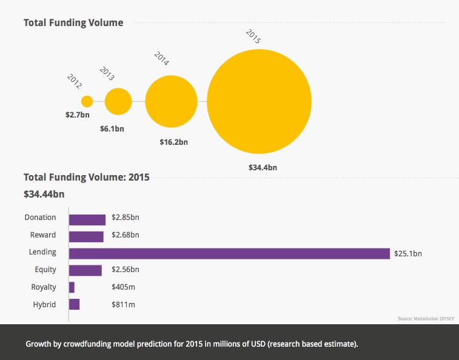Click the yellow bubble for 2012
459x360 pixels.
click(x=87, y=101)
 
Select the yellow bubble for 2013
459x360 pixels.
click(x=118, y=101)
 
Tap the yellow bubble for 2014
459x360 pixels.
click(x=172, y=101)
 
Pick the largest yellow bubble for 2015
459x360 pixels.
click(x=260, y=101)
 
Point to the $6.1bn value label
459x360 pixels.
click(x=112, y=128)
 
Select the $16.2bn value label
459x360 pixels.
click(x=173, y=142)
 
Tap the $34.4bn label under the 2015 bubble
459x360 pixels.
click(x=263, y=167)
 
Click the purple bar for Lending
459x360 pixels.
click(x=229, y=253)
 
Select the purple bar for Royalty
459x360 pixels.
click(x=72, y=287)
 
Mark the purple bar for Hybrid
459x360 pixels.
click(x=74, y=304)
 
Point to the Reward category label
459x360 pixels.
click(x=42, y=235)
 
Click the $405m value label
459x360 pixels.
click(x=121, y=287)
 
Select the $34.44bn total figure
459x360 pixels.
click(x=44, y=194)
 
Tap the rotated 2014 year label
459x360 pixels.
click(x=161, y=59)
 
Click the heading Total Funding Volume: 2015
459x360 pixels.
click(x=86, y=178)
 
